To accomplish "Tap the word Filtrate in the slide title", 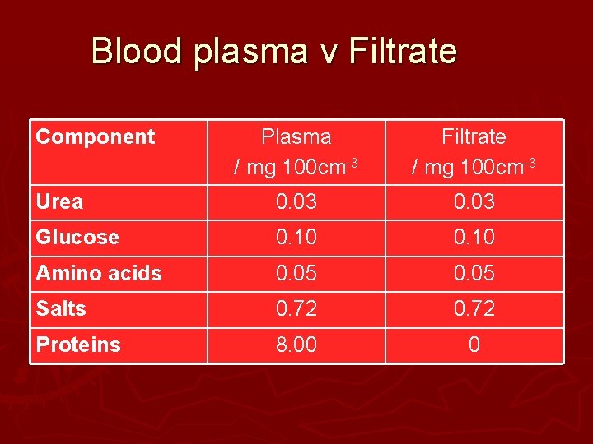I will (x=403, y=51).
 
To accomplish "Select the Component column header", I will (x=96, y=136).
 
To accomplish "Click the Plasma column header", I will (x=296, y=152).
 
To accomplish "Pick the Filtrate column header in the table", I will (x=474, y=152).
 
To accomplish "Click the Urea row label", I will (x=60, y=202).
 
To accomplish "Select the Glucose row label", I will (x=77, y=238).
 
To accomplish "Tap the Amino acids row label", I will (x=99, y=273).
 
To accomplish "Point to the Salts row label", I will (x=61, y=309).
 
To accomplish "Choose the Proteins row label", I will (x=78, y=345).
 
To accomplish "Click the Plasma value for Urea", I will (x=296, y=202).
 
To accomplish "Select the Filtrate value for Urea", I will (x=474, y=202).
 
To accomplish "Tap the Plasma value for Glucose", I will (x=296, y=238).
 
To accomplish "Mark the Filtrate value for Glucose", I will (x=474, y=238).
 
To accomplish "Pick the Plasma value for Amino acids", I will (x=296, y=274).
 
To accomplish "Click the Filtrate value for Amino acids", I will (x=474, y=274).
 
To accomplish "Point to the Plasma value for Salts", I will (x=296, y=309).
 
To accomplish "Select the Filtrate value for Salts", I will (x=474, y=309).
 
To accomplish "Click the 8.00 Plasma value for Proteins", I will (x=296, y=345).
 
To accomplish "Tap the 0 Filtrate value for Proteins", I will (x=474, y=345).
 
